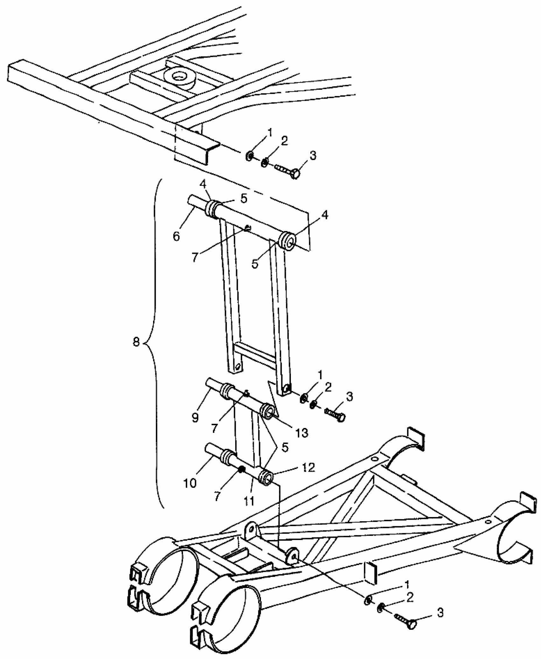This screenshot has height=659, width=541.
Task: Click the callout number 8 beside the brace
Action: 136,343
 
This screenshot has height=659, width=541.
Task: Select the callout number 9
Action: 195,418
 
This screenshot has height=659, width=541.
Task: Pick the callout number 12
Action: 307,467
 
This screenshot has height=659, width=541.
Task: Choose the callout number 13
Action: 301,432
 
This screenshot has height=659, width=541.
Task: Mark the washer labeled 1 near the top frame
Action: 249,156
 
